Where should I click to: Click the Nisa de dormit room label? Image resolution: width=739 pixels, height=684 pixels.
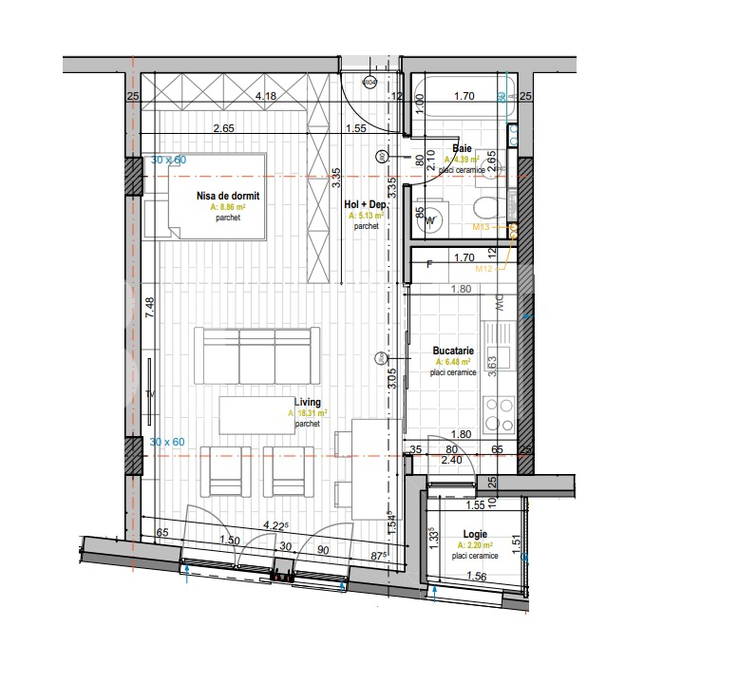(x=227, y=196)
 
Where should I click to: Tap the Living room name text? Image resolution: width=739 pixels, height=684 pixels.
(x=307, y=402)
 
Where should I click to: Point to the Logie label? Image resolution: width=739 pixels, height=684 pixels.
(x=477, y=535)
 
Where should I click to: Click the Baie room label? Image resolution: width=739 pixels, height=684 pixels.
(x=463, y=149)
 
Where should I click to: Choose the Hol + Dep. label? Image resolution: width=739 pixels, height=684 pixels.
(x=364, y=204)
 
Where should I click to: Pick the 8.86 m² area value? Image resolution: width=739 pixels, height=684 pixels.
(x=227, y=207)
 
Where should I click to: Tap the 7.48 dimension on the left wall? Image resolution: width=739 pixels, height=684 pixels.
(x=150, y=311)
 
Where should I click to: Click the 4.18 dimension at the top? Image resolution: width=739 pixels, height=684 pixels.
(x=266, y=96)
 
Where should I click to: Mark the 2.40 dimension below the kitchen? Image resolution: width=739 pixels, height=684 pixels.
(x=455, y=460)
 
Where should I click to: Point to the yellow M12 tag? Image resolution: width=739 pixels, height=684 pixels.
(x=485, y=269)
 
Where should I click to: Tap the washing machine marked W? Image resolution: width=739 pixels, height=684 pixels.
(x=432, y=220)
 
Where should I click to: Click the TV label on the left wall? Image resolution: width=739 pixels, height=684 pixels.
(x=150, y=391)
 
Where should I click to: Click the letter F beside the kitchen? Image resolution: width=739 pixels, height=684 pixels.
(x=429, y=264)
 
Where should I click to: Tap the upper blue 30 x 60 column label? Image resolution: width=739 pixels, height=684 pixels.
(x=169, y=161)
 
